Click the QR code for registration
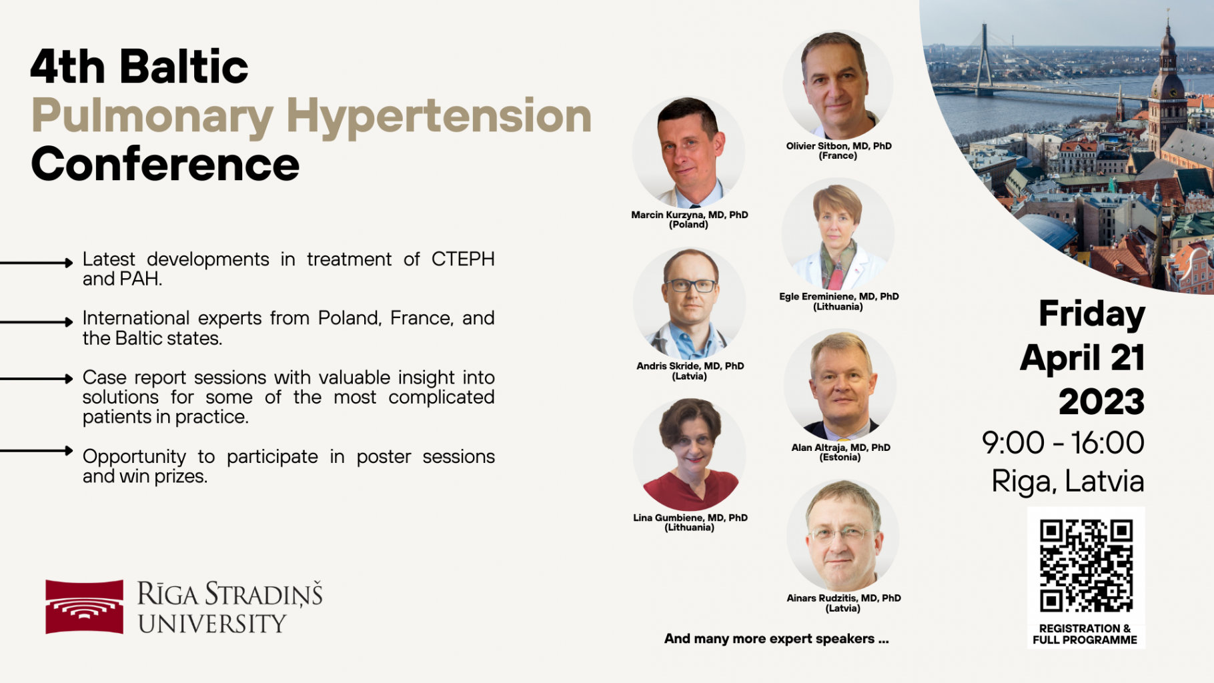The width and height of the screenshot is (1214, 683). (x=1086, y=566)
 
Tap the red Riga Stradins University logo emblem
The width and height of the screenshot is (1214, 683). (x=84, y=606)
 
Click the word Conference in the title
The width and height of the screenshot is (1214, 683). (x=165, y=164)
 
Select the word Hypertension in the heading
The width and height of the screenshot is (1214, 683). (x=439, y=116)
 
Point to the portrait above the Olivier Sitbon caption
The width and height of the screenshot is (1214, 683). (x=838, y=85)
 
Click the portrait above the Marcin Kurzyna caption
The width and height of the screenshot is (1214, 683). (x=688, y=153)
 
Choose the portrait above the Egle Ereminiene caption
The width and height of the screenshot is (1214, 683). (x=838, y=235)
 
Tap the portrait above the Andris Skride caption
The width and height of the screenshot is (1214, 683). (x=689, y=304)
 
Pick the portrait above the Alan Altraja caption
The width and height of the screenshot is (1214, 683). (x=840, y=386)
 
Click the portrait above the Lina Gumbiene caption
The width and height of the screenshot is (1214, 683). (x=690, y=455)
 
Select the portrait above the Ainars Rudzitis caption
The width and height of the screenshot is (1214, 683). (x=843, y=536)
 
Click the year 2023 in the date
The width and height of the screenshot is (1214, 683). (x=1101, y=402)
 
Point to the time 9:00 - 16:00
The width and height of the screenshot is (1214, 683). (x=1063, y=443)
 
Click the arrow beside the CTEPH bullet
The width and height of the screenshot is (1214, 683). (x=37, y=263)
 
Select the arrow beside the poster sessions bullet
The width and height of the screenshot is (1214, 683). (x=37, y=451)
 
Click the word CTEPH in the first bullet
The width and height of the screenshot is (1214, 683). (x=463, y=259)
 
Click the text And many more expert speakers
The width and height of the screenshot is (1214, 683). (x=776, y=639)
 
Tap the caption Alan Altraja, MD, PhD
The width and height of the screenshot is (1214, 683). (x=840, y=448)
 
